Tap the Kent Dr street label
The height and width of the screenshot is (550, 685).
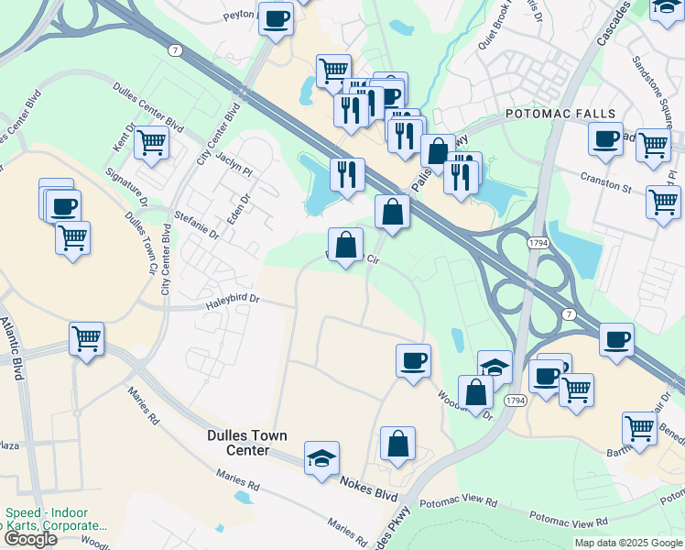tap(125, 138)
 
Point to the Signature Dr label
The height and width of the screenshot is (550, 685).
tap(125, 187)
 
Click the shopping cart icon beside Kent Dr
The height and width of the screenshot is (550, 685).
tap(151, 143)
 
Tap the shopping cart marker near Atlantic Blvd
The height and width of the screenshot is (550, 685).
tap(86, 338)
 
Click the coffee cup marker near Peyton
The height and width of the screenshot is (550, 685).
tap(276, 18)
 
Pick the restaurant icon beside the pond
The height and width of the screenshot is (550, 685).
tap(347, 173)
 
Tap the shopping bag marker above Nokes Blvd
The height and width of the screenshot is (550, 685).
tap(397, 444)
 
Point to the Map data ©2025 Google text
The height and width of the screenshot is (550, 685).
tap(628, 543)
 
